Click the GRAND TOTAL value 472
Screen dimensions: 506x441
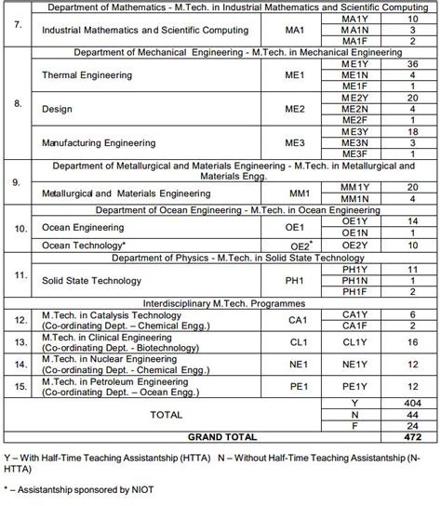tap(412, 436)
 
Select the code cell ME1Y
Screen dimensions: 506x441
tap(354, 63)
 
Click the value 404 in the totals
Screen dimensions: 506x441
tap(412, 403)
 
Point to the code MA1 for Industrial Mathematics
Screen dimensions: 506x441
tap(295, 30)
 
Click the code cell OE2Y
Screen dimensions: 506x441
tap(354, 245)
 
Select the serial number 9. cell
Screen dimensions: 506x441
tap(18, 182)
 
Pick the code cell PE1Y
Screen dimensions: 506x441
tap(354, 386)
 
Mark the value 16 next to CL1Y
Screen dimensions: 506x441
tap(412, 342)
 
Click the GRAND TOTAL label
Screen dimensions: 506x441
tap(222, 436)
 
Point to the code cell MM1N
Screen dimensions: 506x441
tap(354, 199)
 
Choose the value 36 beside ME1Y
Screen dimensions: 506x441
tap(412, 63)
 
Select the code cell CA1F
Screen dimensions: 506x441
tap(354, 326)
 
